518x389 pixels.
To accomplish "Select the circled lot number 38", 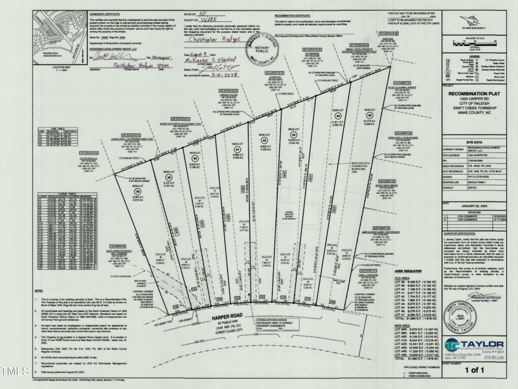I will (137, 192).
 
